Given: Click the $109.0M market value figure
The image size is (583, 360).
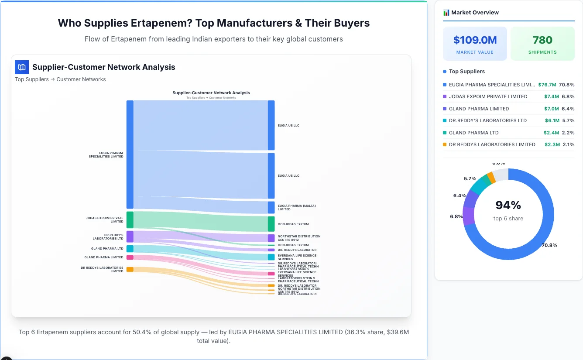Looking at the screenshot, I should tap(475, 40).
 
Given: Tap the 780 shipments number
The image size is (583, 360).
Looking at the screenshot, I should tap(542, 40).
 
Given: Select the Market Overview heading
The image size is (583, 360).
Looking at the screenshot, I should tap(475, 13).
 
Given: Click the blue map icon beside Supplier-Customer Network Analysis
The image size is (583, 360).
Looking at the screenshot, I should tap(22, 67).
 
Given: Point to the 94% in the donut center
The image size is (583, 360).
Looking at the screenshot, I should tap(508, 205).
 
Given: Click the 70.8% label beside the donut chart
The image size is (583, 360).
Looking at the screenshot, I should tap(549, 245).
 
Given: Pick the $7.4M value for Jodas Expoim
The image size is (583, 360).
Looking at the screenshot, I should tap(551, 96).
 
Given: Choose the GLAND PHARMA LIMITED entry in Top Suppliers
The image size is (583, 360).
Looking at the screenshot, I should tap(479, 109).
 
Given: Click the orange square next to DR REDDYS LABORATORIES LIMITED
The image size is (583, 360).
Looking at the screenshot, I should tap(445, 144).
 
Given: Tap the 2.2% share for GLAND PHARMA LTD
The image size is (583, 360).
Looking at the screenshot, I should tap(568, 133).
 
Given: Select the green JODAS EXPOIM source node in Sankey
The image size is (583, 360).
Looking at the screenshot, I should tap(130, 219).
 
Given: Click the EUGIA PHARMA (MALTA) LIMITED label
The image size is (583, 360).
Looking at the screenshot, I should tap(297, 207).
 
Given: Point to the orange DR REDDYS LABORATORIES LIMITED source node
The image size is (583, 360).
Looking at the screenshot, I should tap(130, 269).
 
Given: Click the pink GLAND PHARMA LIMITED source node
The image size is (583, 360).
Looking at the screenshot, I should tap(130, 257).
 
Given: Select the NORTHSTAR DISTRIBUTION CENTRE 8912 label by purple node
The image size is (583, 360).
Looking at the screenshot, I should tap(299, 238).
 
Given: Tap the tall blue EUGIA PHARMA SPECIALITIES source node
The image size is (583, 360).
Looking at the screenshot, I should tap(130, 154).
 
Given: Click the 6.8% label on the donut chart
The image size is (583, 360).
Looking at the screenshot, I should tap(456, 216).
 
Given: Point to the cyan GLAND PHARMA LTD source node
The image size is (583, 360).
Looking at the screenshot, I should tap(130, 249).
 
